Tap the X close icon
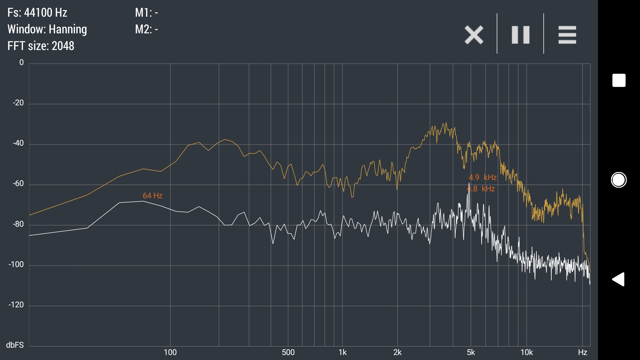(x=474, y=35)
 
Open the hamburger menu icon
(x=567, y=35)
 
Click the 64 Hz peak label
(x=152, y=196)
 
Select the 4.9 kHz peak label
(x=483, y=177)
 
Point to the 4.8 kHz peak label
(x=481, y=189)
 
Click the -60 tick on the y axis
(x=18, y=184)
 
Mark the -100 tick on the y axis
(x=16, y=265)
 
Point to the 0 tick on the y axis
(x=22, y=63)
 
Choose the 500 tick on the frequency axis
(x=288, y=352)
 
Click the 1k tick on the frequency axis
(x=342, y=352)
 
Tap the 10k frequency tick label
(x=527, y=352)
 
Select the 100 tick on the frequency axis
(x=170, y=352)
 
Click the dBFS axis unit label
(x=15, y=345)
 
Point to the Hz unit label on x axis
(x=582, y=352)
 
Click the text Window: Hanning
(x=47, y=29)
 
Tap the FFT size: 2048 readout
(x=41, y=46)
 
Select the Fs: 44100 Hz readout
(x=37, y=13)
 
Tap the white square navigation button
(x=619, y=80)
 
